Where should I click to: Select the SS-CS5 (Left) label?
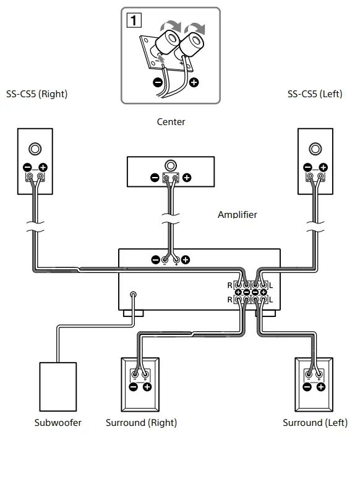[x=315, y=94]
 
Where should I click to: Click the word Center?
[x=171, y=122]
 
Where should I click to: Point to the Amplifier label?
[x=237, y=215]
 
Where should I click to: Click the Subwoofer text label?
[x=58, y=423]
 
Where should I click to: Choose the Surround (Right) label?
[x=141, y=423]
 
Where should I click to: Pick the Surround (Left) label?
[x=315, y=423]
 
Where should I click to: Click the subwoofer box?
[x=58, y=386]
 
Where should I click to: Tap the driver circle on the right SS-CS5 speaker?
[x=35, y=149]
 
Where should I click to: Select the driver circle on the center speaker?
[x=170, y=165]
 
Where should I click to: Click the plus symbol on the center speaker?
[x=186, y=178]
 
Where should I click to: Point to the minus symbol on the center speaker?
[x=155, y=178]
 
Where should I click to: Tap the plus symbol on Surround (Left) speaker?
[x=321, y=387]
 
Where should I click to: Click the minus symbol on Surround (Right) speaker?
[x=133, y=387]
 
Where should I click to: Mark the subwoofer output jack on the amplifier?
[x=133, y=295]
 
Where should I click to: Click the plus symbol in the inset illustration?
[x=194, y=82]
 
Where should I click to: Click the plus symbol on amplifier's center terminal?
[x=185, y=259]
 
